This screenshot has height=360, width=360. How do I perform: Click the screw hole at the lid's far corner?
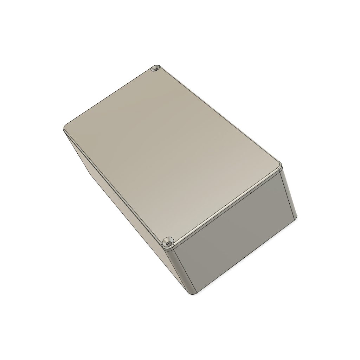point(155,69)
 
